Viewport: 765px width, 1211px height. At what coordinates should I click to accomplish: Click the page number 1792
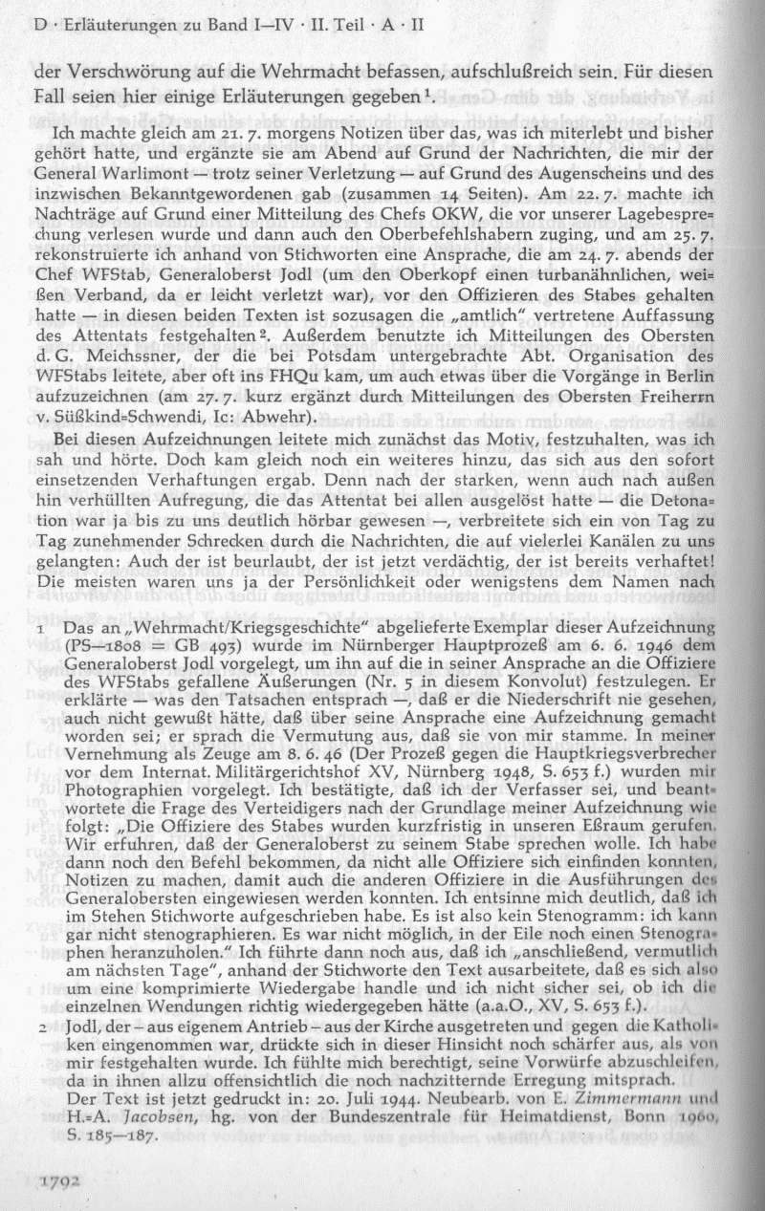[59, 1181]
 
